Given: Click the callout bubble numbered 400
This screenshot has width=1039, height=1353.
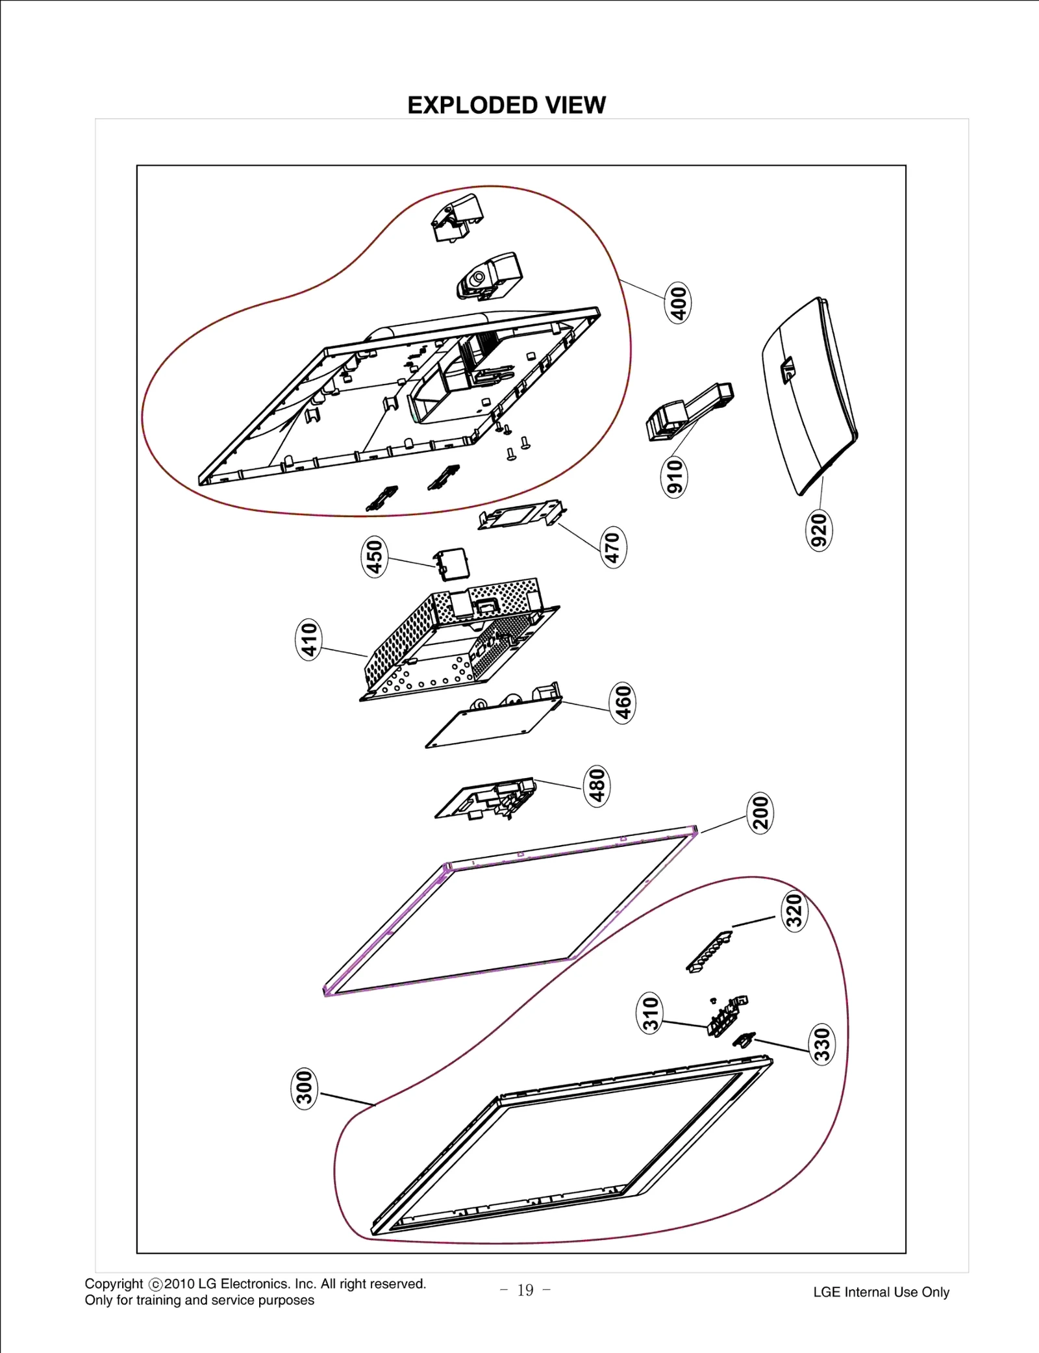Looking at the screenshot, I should pyautogui.click(x=678, y=302).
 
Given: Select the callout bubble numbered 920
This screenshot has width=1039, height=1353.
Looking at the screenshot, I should pyautogui.click(x=820, y=530).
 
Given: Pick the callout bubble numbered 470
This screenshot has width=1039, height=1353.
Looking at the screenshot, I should pyautogui.click(x=613, y=547).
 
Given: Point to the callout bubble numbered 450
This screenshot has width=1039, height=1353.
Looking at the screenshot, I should pyautogui.click(x=375, y=557).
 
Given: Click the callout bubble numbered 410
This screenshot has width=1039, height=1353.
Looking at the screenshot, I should pyautogui.click(x=309, y=639).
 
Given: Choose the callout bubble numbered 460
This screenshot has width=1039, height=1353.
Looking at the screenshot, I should pyautogui.click(x=623, y=703).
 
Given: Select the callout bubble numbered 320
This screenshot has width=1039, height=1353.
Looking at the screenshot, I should pyautogui.click(x=795, y=911).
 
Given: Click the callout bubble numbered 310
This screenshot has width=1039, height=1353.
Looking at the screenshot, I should pyautogui.click(x=650, y=1013).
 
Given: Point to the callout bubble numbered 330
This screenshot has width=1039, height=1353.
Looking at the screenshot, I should pyautogui.click(x=822, y=1044).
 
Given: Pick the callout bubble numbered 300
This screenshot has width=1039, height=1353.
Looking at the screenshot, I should pyautogui.click(x=304, y=1088).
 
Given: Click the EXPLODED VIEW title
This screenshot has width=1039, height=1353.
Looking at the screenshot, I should pyautogui.click(x=507, y=105).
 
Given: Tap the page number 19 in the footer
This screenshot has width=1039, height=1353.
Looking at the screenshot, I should pyautogui.click(x=525, y=1290).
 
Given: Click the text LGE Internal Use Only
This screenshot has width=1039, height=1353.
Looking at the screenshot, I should pyautogui.click(x=881, y=1292).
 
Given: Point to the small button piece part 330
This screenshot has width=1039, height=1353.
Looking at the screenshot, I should pyautogui.click(x=744, y=1039).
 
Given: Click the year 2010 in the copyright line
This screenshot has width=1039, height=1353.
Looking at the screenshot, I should pyautogui.click(x=180, y=1283).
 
